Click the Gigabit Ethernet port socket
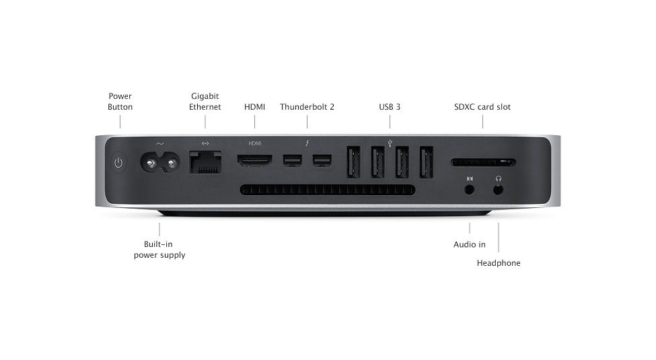(x=205, y=162)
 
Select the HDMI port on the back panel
(x=254, y=160)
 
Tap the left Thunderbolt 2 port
(x=292, y=161)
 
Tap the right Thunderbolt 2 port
(x=322, y=161)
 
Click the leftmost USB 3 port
(x=353, y=161)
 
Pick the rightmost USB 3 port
(x=427, y=161)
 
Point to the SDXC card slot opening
(x=483, y=162)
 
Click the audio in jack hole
(x=470, y=190)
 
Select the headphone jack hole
(x=498, y=190)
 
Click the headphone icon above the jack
(x=499, y=178)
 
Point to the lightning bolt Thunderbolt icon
(x=307, y=143)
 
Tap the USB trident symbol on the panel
(x=390, y=143)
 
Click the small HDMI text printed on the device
(x=255, y=143)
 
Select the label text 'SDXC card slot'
(x=482, y=107)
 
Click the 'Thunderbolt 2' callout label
(x=307, y=107)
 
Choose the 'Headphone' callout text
(x=499, y=263)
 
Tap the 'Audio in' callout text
(x=470, y=244)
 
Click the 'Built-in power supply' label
(x=159, y=250)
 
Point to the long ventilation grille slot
(x=328, y=190)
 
